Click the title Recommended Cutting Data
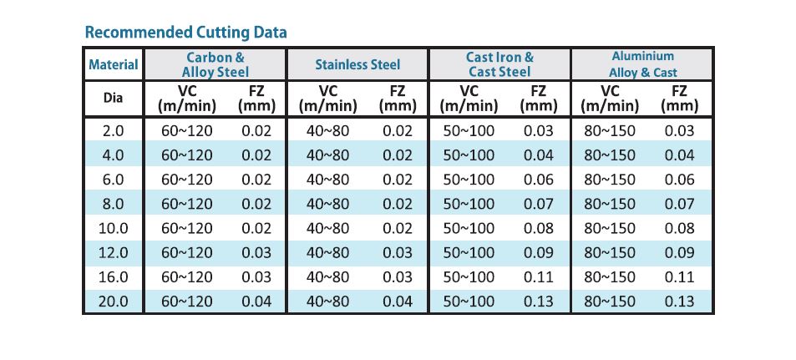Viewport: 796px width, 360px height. point(185,33)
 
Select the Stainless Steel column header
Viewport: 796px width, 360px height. point(357,65)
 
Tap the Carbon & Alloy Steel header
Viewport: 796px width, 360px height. point(215,64)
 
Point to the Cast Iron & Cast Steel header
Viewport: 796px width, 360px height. point(499,64)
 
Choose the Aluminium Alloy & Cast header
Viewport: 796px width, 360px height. point(642,64)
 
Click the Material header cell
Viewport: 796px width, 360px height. point(114,65)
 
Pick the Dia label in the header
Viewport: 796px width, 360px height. point(114,98)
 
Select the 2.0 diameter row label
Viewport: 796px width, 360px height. point(114,131)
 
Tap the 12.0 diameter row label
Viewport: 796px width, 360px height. point(114,253)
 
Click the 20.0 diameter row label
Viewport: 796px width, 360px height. point(114,302)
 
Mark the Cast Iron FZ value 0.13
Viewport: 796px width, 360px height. point(538,302)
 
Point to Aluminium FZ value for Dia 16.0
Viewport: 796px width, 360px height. point(679,277)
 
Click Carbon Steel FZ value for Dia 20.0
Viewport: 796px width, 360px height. point(256,302)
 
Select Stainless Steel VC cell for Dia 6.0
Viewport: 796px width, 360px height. point(328,180)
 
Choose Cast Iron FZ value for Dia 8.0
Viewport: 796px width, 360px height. point(538,204)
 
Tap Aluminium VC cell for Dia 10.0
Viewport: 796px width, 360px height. point(610,229)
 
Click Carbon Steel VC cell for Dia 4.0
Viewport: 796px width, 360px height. point(187,155)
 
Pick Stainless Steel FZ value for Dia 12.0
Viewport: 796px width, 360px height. point(398,253)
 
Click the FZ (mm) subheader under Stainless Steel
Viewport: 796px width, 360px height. point(398,99)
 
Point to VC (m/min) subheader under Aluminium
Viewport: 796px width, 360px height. point(610,99)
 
